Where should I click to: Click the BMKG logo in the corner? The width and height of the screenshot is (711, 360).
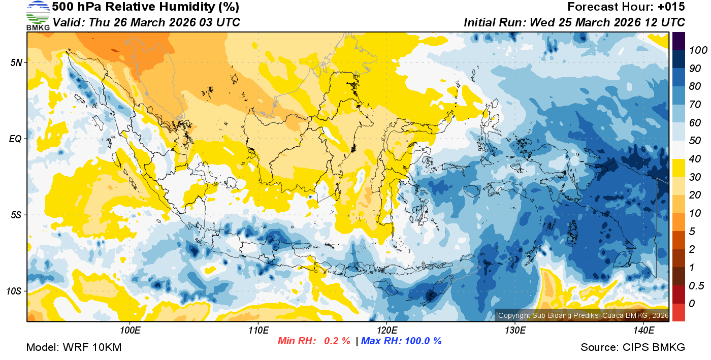tap(38, 15)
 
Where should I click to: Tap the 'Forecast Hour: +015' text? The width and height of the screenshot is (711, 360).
tap(626, 7)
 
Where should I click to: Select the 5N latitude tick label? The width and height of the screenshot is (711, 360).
tap(15, 62)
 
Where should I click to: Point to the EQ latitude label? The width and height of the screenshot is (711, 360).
tap(15, 139)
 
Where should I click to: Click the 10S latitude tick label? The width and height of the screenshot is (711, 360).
tap(14, 291)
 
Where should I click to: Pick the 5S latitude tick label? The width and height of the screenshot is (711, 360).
tap(15, 215)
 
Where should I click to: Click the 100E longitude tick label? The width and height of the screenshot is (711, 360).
tap(130, 331)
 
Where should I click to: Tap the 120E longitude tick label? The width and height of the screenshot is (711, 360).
tap(386, 331)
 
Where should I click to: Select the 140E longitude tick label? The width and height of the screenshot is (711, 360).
tap(643, 331)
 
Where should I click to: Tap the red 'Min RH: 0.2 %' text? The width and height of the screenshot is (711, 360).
tap(314, 341)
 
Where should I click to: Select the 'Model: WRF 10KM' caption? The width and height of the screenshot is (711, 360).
tap(74, 347)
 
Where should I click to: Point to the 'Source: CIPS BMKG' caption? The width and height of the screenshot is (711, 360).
tap(633, 347)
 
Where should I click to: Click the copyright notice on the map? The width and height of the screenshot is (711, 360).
tap(581, 315)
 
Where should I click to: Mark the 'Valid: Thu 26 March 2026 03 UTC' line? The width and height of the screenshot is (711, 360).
tap(146, 22)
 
